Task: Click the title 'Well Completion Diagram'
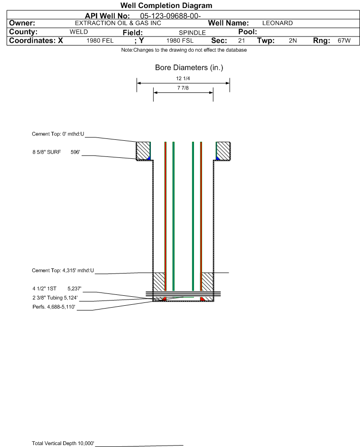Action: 166,5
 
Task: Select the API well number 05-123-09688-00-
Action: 170,16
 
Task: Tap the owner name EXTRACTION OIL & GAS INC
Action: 118,23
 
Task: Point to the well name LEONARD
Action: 277,23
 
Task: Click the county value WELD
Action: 79,32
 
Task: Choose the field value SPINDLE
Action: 192,33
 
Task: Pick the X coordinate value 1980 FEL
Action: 100,41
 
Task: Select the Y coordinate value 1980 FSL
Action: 180,41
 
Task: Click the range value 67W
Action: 344,41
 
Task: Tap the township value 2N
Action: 293,41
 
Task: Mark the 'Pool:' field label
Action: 248,32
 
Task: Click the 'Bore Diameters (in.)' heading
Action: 189,68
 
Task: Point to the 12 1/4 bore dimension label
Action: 183,78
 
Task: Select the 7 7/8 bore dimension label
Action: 183,88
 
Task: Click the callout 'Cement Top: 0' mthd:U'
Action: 58,134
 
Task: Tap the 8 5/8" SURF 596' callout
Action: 56,152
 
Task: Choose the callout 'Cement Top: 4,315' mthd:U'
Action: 63,271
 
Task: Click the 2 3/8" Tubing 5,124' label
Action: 55,298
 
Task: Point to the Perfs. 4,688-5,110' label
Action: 54,307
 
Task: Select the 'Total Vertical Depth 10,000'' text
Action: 63,443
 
